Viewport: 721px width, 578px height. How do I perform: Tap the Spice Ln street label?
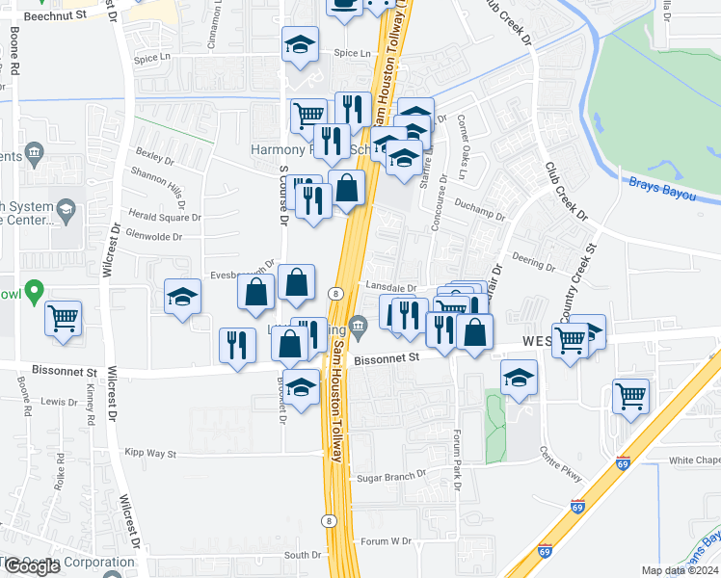pyautogui.click(x=352, y=54)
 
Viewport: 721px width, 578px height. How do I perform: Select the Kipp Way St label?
pyautogui.click(x=150, y=453)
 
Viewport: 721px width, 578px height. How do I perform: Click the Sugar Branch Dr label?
pyautogui.click(x=391, y=476)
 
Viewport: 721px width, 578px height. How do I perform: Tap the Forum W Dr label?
pyautogui.click(x=387, y=541)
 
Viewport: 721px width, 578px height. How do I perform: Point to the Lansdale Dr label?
pyautogui.click(x=390, y=287)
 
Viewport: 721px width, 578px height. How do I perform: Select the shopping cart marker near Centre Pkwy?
pyautogui.click(x=630, y=394)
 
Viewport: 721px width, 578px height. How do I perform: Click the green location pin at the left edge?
pyautogui.click(x=35, y=289)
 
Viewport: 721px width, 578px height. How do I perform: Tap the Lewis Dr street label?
pyautogui.click(x=59, y=402)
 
